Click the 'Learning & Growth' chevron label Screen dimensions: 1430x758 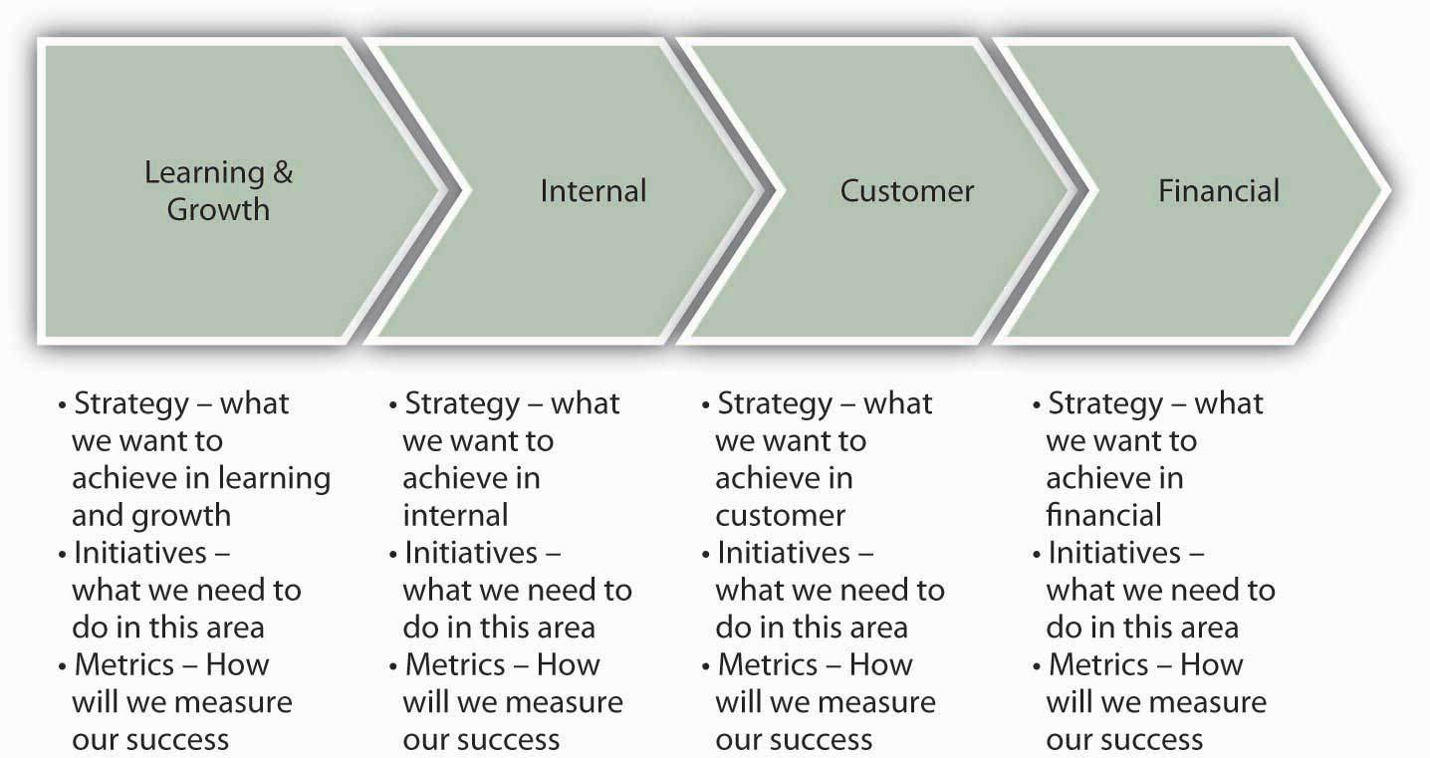[x=218, y=190]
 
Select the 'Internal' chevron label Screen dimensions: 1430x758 [x=594, y=190]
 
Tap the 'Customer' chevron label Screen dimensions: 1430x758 [x=906, y=190]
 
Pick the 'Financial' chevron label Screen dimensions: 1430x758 [x=1219, y=190]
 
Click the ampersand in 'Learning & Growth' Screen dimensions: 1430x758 [x=283, y=171]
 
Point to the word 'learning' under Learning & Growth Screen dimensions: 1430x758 [x=274, y=479]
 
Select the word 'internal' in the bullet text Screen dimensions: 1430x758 [x=455, y=515]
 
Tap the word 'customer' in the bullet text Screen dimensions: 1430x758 [x=780, y=516]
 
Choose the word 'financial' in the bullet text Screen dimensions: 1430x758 [x=1103, y=515]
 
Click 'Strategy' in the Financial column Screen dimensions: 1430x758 [x=1105, y=404]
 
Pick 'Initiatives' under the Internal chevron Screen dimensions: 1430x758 [x=470, y=553]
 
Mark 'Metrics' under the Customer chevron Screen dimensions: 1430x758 [x=768, y=664]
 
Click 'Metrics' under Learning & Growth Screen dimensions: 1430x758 [x=123, y=664]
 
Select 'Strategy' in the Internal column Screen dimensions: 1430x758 [x=462, y=404]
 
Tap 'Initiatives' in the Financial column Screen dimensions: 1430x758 [x=1114, y=553]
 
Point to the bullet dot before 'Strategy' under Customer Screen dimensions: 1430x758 [x=705, y=405]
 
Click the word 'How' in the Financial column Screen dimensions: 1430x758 [x=1212, y=664]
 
